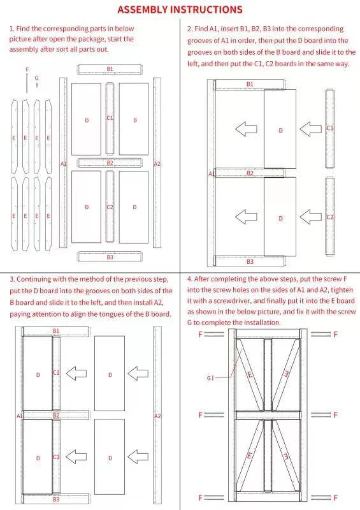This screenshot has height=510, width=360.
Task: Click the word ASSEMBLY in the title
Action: [143, 10]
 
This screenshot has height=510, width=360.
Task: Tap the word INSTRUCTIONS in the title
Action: [206, 10]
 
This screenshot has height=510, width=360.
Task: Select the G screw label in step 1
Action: [36, 78]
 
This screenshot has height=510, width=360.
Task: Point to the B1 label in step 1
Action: [110, 69]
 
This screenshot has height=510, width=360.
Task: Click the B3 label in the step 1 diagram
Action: [110, 258]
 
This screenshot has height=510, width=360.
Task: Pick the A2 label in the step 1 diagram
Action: [157, 164]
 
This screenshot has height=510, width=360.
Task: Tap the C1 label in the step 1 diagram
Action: [110, 118]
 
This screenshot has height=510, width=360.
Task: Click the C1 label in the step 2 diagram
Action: [330, 128]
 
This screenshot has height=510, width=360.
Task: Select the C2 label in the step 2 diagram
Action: [330, 217]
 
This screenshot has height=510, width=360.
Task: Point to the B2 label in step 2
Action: [250, 173]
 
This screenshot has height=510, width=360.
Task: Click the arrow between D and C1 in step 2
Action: [310, 129]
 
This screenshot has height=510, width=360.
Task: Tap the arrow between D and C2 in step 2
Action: [310, 217]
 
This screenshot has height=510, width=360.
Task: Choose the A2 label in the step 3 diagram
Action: [157, 416]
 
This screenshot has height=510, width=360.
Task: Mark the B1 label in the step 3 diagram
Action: [56, 331]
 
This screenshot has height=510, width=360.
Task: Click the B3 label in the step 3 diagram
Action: [56, 499]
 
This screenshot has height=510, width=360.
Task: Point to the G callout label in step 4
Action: [209, 378]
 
